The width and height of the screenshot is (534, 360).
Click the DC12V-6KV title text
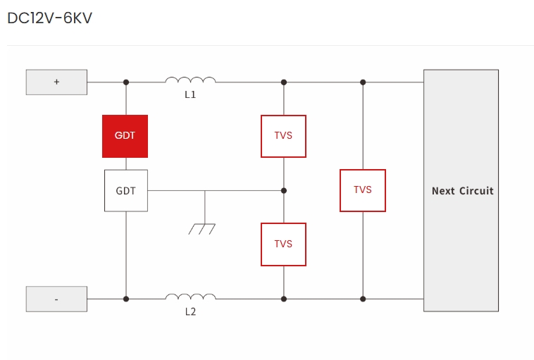pos(49,18)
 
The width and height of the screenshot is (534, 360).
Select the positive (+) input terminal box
pos(56,82)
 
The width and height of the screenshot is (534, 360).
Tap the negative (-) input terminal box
pos(56,299)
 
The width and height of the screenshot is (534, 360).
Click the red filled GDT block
pos(125,135)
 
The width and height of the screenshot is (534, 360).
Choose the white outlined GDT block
pos(126,190)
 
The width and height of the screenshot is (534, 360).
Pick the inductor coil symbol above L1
pos(190,80)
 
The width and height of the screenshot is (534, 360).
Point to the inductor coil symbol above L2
pos(190,297)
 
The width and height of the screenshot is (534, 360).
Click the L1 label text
pos(190,94)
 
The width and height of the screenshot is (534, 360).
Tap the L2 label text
pos(190,311)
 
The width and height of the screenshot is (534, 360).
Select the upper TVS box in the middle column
pos(283,136)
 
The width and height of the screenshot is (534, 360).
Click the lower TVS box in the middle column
pos(283,244)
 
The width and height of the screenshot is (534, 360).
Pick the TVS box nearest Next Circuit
pos(362,190)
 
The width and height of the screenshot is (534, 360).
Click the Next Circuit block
pos(461,190)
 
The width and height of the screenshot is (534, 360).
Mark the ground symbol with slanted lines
pos(203,228)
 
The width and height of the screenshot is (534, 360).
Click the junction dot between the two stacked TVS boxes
pos(284,190)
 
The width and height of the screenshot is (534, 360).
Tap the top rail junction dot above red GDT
pos(126,82)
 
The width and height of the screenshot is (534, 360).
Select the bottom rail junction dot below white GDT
pos(126,299)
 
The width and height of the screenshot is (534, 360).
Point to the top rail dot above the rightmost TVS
pos(363,82)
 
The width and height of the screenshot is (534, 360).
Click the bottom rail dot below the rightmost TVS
pos(363,299)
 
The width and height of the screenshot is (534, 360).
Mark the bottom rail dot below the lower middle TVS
pos(284,299)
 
